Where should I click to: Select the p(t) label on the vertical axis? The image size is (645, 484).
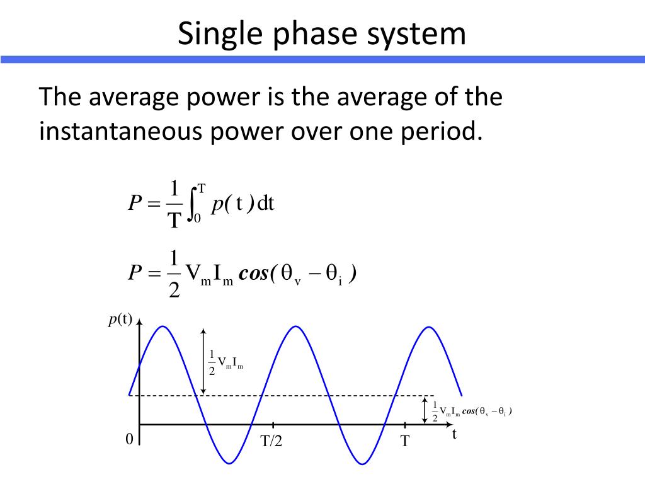120,320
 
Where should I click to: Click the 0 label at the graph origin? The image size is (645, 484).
129,439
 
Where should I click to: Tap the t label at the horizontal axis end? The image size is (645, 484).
454,434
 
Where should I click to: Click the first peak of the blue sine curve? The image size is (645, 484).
163,326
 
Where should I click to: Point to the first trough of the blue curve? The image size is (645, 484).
230,464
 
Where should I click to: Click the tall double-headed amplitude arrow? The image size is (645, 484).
203,361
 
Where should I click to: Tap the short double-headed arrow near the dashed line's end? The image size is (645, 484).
425,410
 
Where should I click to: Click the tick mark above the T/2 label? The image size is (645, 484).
273,425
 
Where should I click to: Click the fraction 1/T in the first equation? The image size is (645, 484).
173,204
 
